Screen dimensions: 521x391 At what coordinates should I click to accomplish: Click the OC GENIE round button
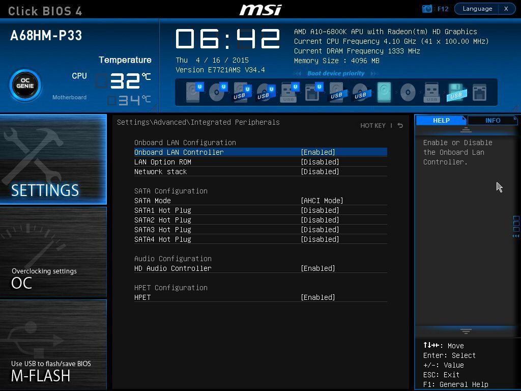[x=25, y=85]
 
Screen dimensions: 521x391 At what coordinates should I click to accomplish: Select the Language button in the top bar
[x=477, y=9]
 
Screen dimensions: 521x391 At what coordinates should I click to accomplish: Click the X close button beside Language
[x=506, y=9]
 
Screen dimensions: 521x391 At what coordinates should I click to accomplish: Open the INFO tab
[x=493, y=120]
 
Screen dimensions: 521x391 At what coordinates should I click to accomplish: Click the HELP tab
[x=441, y=120]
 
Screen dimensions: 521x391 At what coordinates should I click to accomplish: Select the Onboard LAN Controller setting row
[x=260, y=152]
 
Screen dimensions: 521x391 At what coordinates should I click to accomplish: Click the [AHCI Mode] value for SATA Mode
[x=322, y=201]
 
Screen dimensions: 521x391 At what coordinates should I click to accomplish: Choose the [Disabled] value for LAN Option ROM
[x=320, y=162]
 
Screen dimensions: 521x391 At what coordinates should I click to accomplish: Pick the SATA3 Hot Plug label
[x=162, y=230]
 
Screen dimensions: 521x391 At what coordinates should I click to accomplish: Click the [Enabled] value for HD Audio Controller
[x=317, y=268]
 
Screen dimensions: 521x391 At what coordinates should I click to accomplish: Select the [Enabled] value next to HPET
[x=317, y=297]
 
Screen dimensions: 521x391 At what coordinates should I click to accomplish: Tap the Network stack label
[x=160, y=172]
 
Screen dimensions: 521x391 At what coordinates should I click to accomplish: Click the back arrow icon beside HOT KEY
[x=400, y=125]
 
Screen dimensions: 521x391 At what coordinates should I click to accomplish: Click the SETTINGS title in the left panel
[x=45, y=190]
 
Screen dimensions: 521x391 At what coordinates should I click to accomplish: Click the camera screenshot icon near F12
[x=427, y=9]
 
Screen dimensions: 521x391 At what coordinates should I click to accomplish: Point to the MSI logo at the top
[x=260, y=10]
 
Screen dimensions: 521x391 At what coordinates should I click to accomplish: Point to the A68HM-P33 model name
[x=46, y=36]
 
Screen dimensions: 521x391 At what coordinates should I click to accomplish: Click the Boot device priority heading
[x=336, y=73]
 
